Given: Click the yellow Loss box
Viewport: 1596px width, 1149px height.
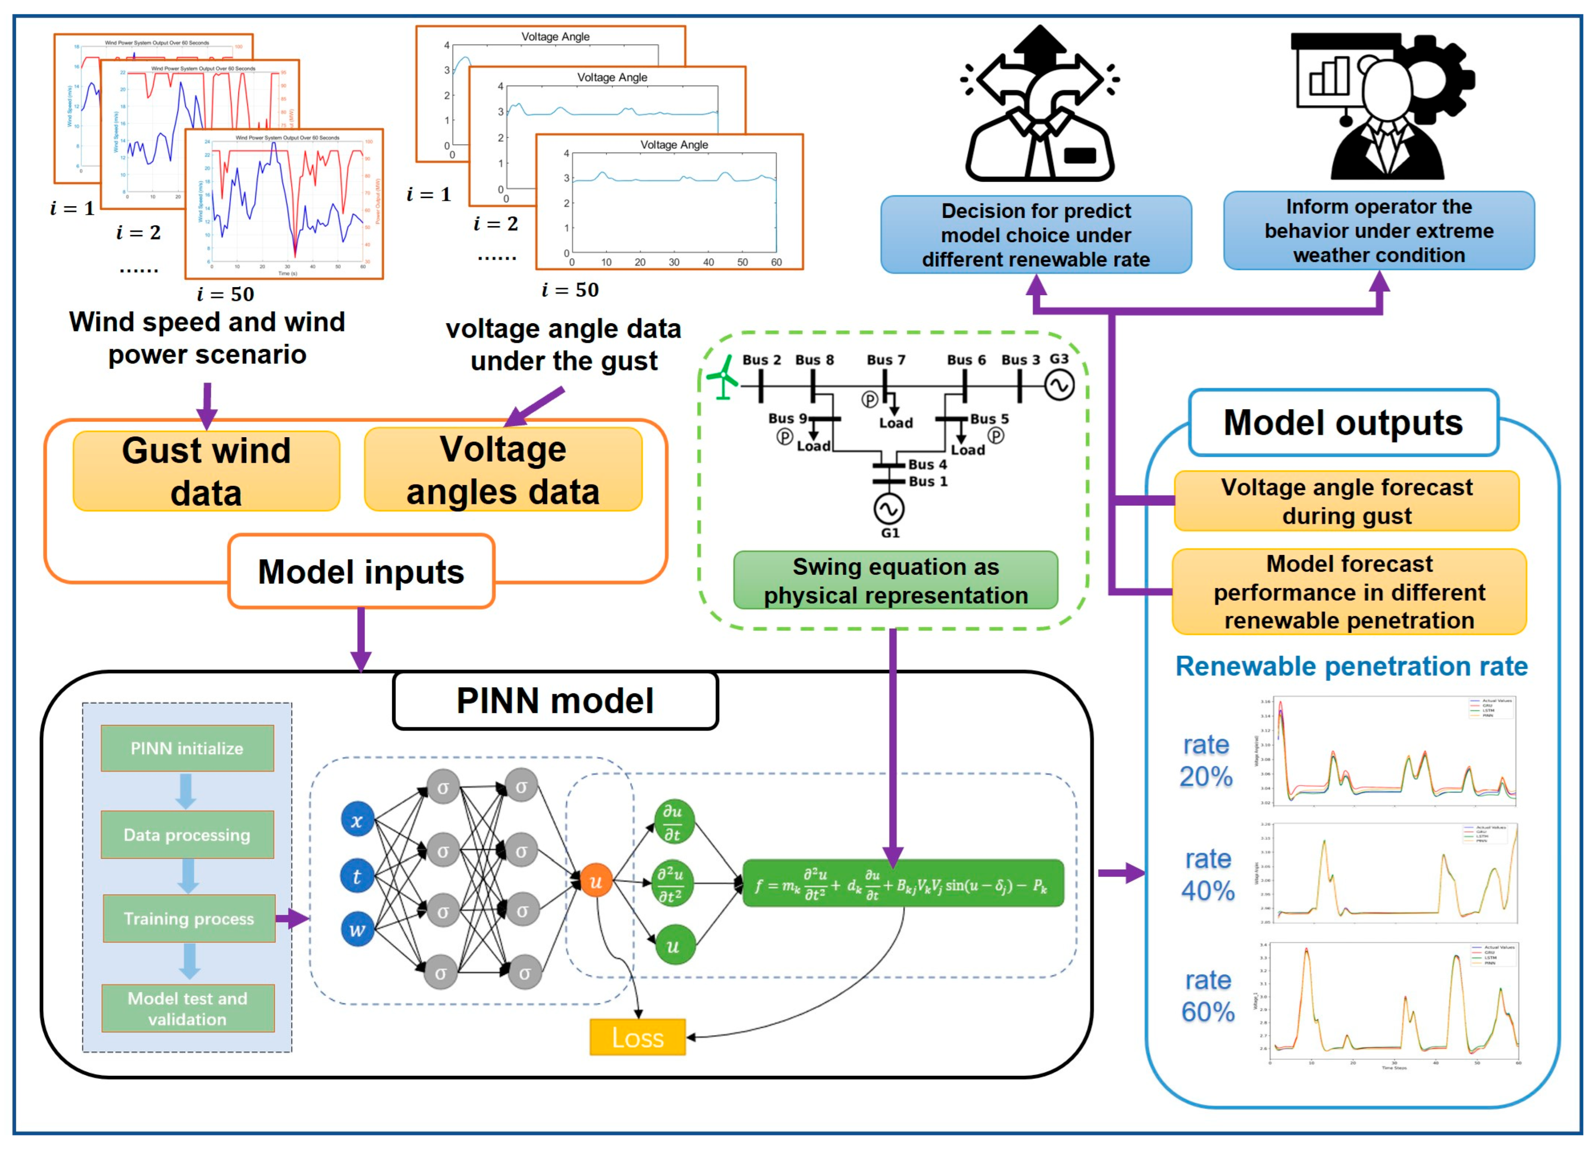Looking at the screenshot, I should [638, 1037].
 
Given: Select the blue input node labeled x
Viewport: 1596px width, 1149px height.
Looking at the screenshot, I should [357, 821].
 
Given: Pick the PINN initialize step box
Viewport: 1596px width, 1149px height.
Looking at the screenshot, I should [187, 748].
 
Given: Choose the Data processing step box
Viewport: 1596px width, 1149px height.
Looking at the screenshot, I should [187, 834].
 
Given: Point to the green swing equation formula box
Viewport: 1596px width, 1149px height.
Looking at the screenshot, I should [903, 884].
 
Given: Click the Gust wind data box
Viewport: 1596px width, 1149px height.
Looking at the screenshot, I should [206, 471].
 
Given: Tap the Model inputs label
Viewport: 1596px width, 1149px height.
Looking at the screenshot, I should [361, 571].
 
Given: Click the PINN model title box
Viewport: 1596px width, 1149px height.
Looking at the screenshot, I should [555, 701].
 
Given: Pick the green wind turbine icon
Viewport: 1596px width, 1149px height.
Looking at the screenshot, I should [723, 378].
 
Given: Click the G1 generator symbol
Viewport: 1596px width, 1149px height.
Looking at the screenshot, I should [889, 509].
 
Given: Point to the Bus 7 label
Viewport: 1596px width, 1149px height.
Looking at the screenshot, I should [886, 359].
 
